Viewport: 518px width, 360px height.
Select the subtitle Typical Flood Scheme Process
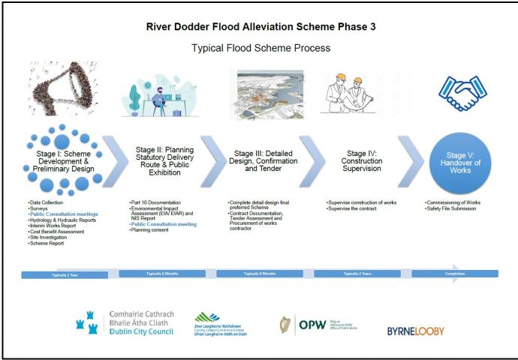(259, 49)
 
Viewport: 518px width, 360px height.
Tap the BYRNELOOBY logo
(415, 331)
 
